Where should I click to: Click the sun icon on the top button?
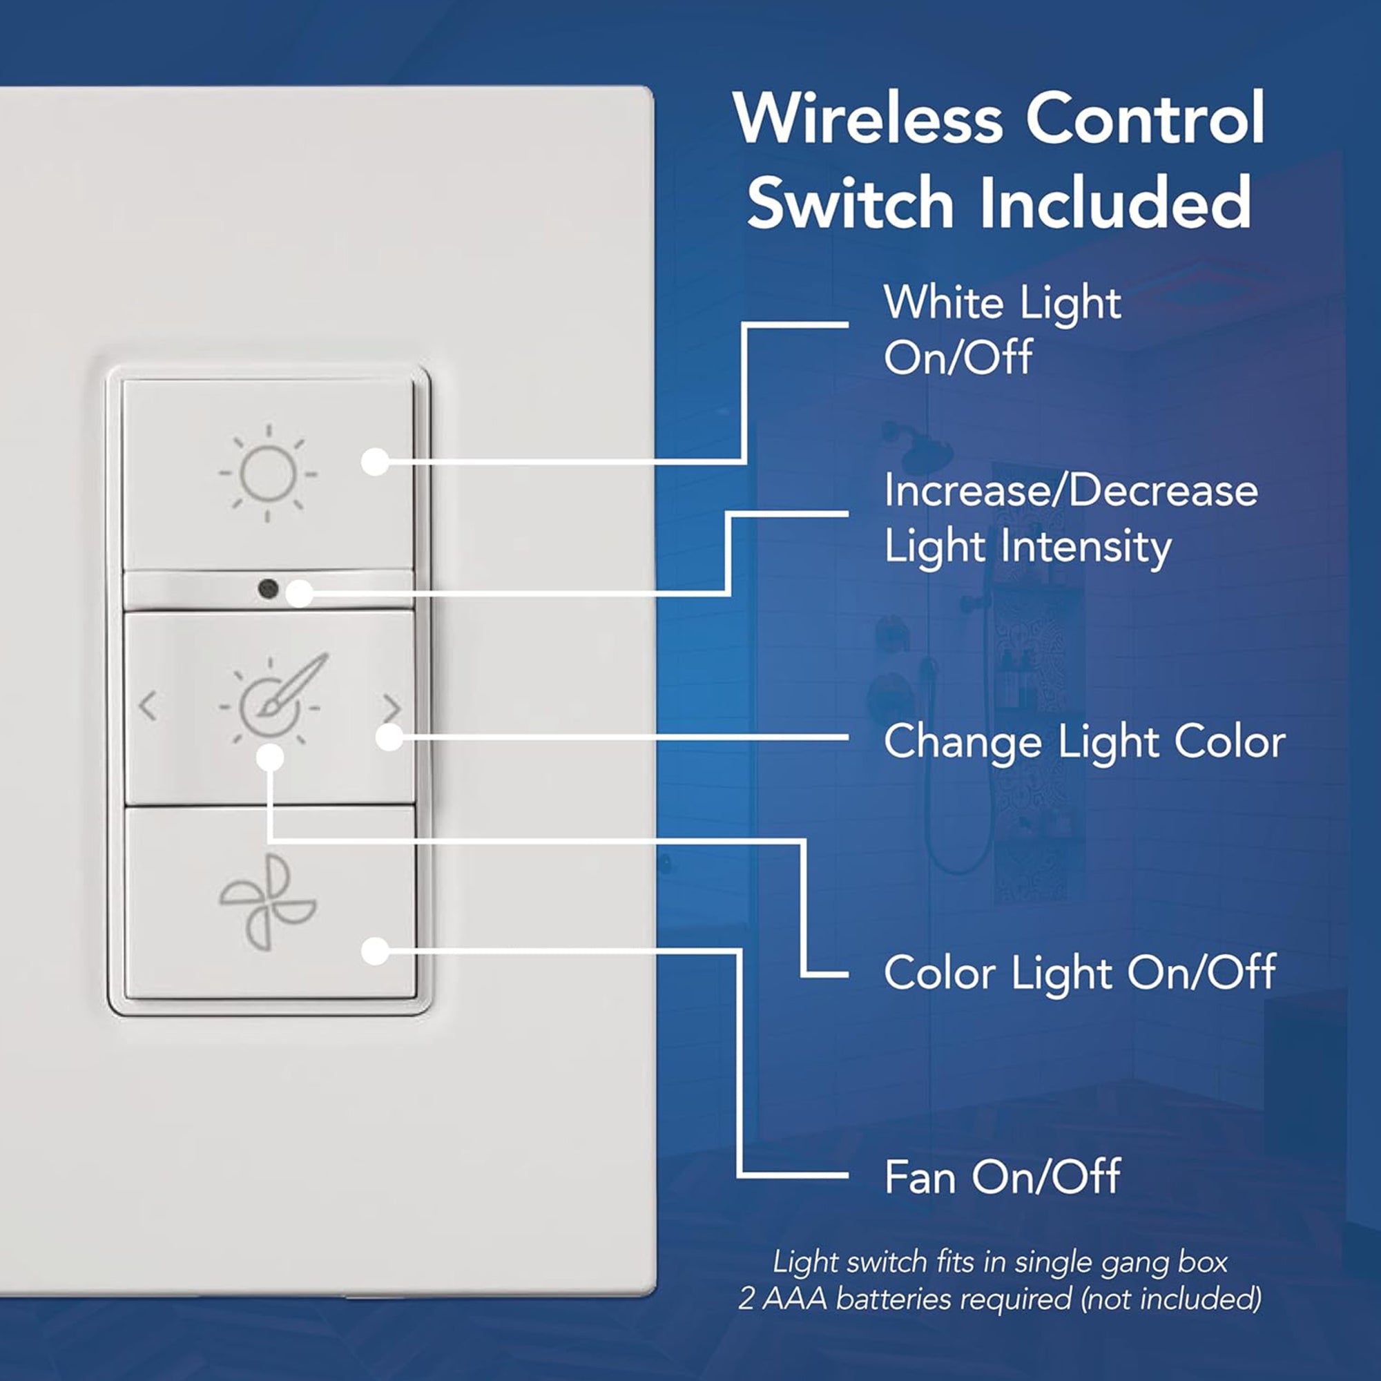pyautogui.click(x=268, y=472)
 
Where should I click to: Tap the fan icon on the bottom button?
pyautogui.click(x=268, y=902)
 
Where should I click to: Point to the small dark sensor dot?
pyautogui.click(x=268, y=589)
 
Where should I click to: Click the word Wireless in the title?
pyautogui.click(x=867, y=118)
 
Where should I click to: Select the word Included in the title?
pyautogui.click(x=1115, y=202)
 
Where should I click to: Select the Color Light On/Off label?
pyautogui.click(x=1079, y=972)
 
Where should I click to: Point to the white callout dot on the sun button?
pyautogui.click(x=374, y=462)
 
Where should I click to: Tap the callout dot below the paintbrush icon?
pyautogui.click(x=269, y=757)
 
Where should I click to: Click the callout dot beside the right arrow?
pyautogui.click(x=389, y=737)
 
